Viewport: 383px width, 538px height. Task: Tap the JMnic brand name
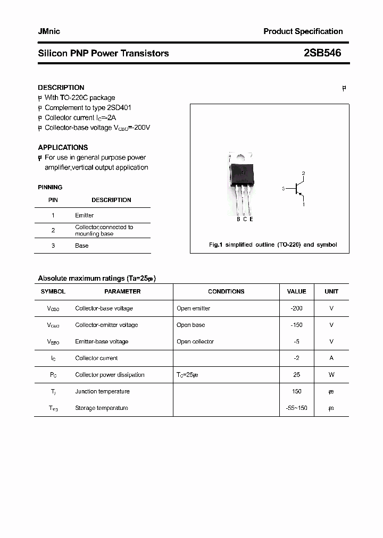click(49, 31)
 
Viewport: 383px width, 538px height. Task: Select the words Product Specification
click(303, 31)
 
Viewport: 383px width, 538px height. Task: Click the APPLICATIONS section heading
click(63, 147)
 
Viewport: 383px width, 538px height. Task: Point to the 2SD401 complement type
click(119, 107)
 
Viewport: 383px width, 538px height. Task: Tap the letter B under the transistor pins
click(238, 219)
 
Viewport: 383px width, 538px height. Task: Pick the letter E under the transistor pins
click(251, 219)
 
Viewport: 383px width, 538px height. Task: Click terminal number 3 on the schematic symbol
click(284, 188)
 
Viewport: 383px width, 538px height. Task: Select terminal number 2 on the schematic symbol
click(303, 173)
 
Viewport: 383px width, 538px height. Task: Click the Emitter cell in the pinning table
click(84, 215)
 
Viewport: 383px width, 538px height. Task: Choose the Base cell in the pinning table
click(82, 246)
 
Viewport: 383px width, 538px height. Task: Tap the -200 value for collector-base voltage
click(296, 308)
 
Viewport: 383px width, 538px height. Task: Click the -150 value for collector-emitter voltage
click(296, 325)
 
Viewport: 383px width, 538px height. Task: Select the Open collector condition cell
click(195, 341)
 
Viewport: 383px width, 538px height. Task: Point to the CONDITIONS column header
click(226, 291)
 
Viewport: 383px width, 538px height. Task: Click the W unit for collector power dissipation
click(331, 375)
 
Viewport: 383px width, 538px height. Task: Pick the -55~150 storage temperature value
click(296, 408)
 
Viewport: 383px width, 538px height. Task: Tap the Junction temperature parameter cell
click(103, 391)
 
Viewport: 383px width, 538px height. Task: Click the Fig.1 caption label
click(215, 245)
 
